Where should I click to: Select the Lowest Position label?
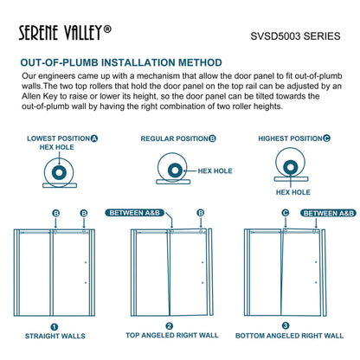61,138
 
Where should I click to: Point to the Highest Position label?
294,138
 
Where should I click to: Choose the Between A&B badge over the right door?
328,212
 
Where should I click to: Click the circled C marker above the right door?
286,212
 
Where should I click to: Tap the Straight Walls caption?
54,340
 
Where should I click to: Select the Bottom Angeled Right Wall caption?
291,340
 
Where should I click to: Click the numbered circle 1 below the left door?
54,327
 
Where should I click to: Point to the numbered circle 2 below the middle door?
170,327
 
